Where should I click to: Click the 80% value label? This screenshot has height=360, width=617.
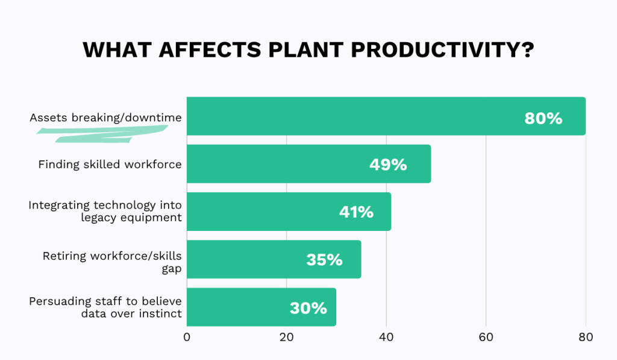click(543, 118)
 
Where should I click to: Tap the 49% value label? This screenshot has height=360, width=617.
click(388, 164)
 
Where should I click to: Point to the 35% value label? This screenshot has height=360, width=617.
click(324, 260)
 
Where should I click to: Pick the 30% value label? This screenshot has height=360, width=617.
click(308, 308)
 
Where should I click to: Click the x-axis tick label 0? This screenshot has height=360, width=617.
click(187, 338)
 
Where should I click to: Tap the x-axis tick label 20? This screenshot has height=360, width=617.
click(286, 338)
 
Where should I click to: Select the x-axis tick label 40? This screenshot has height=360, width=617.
click(386, 338)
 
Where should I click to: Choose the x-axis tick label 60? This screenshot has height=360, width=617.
click(486, 338)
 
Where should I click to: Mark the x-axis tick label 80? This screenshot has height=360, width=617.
click(585, 338)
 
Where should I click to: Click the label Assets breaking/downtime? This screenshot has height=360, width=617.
click(105, 118)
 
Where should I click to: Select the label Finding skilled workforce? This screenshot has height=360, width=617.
click(110, 164)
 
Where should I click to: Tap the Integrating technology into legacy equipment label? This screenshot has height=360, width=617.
click(105, 211)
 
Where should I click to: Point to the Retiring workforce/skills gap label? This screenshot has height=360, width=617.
click(111, 262)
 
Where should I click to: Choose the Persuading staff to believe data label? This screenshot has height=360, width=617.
click(105, 307)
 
